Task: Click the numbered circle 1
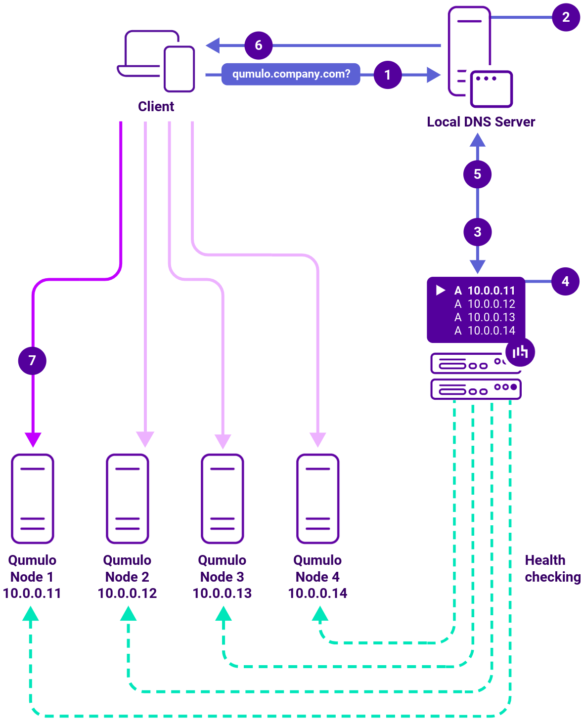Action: coord(388,75)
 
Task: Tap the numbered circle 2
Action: coord(566,17)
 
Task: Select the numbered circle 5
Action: coord(477,174)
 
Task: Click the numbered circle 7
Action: coord(32,360)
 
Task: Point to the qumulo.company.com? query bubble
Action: coord(291,74)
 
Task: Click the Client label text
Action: coord(156,106)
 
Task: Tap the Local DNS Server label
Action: coord(481,122)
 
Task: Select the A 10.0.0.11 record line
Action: coord(485,291)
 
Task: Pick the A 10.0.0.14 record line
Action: coord(485,331)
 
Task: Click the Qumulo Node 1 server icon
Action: coord(33,498)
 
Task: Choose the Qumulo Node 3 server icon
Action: coord(223,498)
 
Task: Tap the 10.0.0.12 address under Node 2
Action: coord(127,593)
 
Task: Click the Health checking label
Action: coord(552,568)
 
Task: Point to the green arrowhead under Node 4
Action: coord(320,614)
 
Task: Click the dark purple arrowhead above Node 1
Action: coord(33,439)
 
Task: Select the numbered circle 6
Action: coord(258,45)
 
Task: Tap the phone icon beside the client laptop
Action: coord(179,69)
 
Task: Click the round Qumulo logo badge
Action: coord(520,352)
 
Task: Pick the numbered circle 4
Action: coord(565,281)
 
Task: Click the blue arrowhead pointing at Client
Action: coord(213,45)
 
